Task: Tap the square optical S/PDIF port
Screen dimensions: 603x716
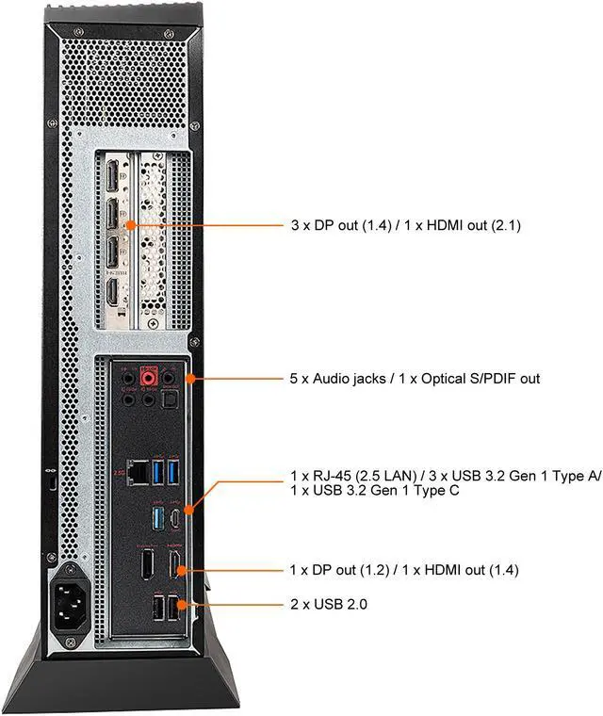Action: (x=169, y=399)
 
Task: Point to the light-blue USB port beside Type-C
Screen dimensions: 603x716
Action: (x=157, y=516)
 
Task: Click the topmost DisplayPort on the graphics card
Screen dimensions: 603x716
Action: (x=110, y=176)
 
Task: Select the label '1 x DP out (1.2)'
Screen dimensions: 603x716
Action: (x=336, y=570)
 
